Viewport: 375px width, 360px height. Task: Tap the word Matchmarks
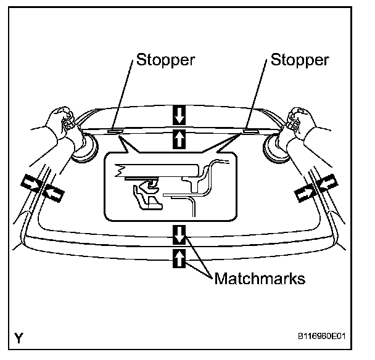point(260,279)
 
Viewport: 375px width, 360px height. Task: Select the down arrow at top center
point(179,115)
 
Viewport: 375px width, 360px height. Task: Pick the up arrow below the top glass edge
point(179,138)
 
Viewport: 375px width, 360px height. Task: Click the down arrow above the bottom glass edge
point(179,235)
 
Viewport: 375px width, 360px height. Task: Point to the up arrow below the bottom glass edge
point(179,258)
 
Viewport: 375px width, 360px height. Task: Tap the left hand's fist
point(62,117)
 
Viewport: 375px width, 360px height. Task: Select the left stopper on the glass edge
point(115,131)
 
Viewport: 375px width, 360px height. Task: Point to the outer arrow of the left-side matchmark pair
point(29,182)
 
